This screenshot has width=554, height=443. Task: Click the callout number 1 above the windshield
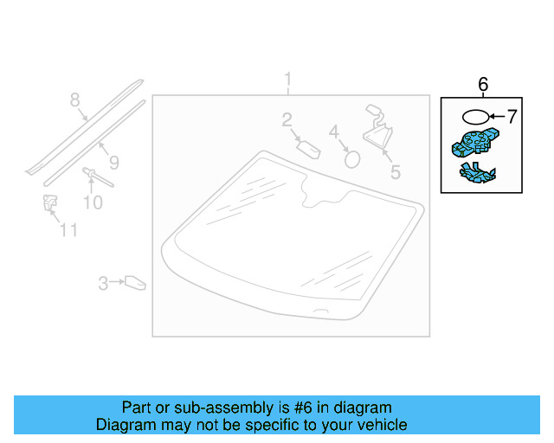pos(288,81)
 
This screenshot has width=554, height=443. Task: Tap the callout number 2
pos(287,120)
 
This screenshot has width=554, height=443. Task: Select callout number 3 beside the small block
pos(102,282)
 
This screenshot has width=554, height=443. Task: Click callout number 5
pos(396,172)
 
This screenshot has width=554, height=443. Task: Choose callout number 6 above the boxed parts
pos(483,84)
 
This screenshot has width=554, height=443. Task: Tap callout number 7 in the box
pos(511,115)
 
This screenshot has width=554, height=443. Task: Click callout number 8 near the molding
pos(74,100)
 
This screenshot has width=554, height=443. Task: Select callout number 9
pos(113,162)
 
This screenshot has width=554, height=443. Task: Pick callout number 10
pos(93,202)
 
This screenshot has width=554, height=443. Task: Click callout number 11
pos(68,230)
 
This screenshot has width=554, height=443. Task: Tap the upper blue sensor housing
pos(474,142)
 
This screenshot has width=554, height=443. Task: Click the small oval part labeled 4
pos(352,157)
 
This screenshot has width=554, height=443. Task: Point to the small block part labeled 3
pos(135,282)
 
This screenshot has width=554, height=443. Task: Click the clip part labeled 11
pos(48,204)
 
